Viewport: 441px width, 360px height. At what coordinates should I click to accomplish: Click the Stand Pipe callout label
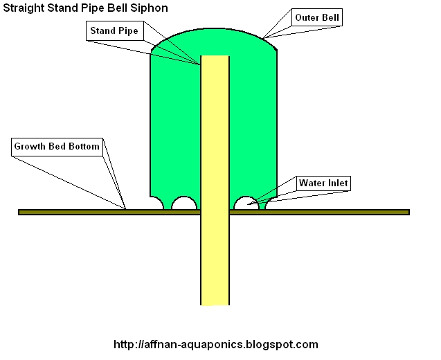click(x=114, y=31)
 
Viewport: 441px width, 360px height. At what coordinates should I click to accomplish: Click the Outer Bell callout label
click(x=317, y=17)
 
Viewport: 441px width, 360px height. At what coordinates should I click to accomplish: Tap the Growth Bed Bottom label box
click(x=57, y=147)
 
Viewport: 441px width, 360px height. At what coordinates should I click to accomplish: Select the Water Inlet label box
click(x=323, y=183)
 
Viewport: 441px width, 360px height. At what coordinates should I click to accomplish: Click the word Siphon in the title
click(x=147, y=8)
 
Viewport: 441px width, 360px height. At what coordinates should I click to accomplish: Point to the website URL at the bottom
click(x=215, y=344)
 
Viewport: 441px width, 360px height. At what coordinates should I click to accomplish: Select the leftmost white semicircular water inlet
click(x=156, y=204)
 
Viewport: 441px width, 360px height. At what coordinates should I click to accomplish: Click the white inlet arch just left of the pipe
click(x=184, y=204)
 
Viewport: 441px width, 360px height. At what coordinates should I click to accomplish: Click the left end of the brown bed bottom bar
click(x=21, y=212)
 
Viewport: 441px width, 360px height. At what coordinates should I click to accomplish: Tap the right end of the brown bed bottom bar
click(x=406, y=212)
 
